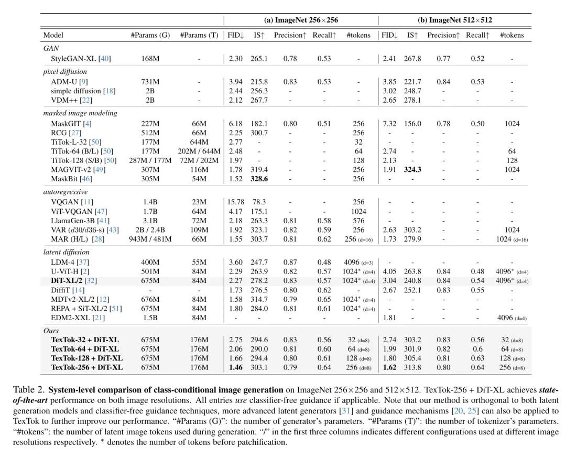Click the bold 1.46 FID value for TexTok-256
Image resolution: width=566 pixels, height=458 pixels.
click(236, 367)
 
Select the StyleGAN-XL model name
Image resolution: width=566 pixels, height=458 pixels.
click(74, 59)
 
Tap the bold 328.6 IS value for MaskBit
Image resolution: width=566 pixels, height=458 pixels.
click(259, 179)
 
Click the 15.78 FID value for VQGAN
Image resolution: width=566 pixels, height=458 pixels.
click(236, 202)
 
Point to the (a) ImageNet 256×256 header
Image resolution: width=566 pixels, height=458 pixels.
click(301, 20)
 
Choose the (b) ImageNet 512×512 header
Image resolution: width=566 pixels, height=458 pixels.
click(455, 20)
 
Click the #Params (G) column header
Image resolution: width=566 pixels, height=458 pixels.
click(150, 35)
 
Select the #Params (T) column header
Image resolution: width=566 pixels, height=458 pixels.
click(199, 35)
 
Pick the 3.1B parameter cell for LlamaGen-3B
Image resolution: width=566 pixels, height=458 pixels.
click(150, 221)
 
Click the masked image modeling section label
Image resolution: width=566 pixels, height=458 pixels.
click(80, 113)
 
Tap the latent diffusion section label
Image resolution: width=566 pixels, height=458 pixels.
click(67, 252)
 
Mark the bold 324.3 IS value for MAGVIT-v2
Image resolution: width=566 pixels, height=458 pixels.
click(412, 170)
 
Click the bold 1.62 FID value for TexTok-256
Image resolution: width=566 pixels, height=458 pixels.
click(389, 367)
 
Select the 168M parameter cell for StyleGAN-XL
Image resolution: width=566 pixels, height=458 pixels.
click(150, 59)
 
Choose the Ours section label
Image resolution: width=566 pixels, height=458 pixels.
click(51, 331)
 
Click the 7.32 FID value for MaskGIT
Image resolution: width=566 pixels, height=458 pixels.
click(389, 124)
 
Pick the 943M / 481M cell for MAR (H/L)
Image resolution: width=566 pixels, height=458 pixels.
click(150, 239)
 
